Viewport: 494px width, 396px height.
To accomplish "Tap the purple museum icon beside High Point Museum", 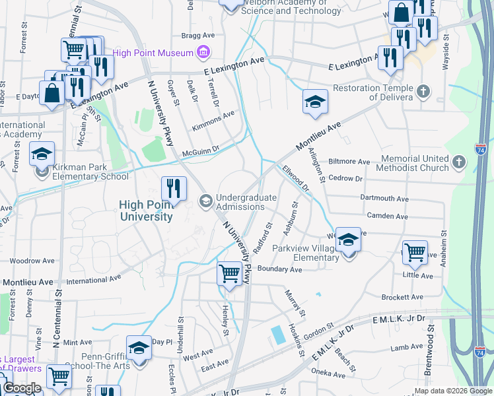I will point(203,53).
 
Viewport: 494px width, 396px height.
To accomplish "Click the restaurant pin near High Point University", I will point(174,189).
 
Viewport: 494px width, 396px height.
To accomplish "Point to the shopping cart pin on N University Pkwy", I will point(229,273).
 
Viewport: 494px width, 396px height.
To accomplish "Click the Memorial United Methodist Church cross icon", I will point(460,160).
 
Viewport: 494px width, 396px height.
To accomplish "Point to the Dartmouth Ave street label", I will point(384,198).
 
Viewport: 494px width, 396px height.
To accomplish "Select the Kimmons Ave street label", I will point(213,120).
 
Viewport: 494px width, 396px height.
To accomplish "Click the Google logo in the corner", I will point(21,388).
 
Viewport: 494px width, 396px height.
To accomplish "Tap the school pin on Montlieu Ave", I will point(315,102).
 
